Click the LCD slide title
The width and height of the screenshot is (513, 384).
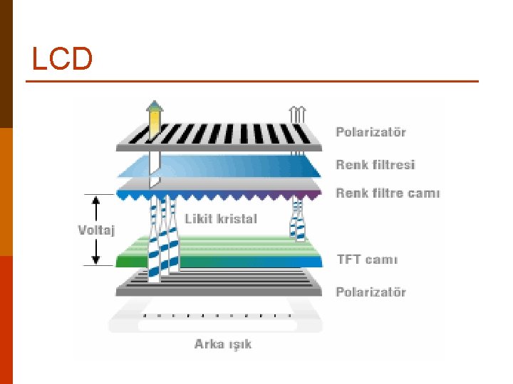pos(62,59)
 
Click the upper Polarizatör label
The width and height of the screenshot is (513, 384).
pos(370,132)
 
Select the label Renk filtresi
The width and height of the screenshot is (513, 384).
pos(375,165)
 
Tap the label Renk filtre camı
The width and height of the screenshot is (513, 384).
pos(388,193)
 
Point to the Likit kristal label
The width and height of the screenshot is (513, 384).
pos(220,218)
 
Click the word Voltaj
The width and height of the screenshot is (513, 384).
pos(96,230)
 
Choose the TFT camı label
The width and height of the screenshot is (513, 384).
pos(367,259)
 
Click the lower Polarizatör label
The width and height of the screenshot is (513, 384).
pos(370,292)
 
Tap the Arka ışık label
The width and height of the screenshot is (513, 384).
pos(223,344)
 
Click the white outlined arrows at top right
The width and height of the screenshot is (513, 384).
pos(297,114)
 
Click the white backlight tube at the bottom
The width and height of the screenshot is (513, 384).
pos(217,325)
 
